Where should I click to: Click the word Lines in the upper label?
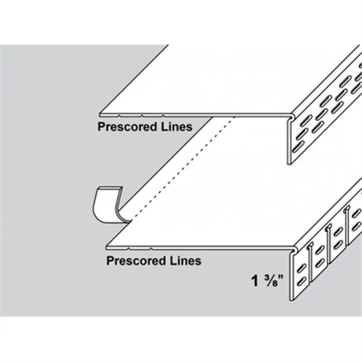(176, 127)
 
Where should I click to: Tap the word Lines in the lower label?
(185, 261)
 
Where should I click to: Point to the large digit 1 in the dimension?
(256, 279)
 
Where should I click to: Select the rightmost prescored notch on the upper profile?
(163, 114)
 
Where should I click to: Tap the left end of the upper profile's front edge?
(100, 114)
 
